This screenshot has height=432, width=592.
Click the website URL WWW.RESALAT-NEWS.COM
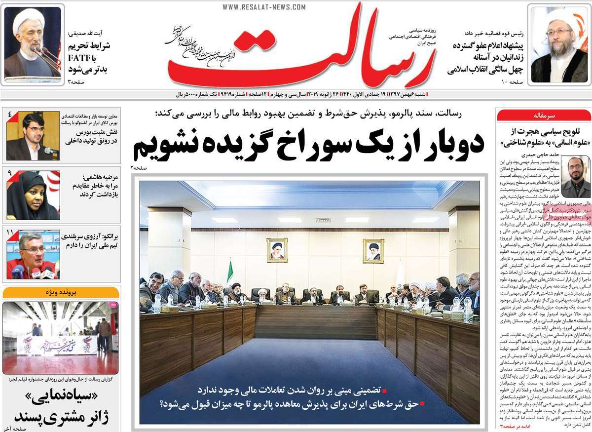pos(264,7)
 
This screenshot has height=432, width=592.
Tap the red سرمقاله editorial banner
pos(544,116)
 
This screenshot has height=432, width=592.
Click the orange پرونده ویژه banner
pos(61,292)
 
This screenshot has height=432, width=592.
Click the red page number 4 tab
pos(10,116)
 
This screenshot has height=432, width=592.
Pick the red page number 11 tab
pos(10,232)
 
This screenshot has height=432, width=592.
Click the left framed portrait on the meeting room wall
pos(277,250)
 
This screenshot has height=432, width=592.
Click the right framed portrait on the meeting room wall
pos(373,251)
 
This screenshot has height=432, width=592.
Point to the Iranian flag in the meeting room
pos(229,273)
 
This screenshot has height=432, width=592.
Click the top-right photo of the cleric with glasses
pos(558,44)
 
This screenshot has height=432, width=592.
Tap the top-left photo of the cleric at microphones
pos(33,43)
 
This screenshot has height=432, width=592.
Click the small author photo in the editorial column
pos(575,177)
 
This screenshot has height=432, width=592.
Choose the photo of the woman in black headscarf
pos(33,196)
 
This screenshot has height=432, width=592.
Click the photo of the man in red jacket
pos(33,255)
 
